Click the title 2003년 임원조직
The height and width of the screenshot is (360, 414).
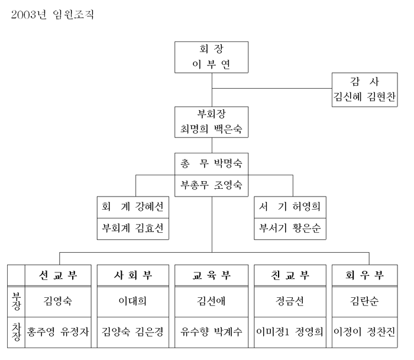click(x=53, y=14)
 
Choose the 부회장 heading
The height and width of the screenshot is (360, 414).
click(x=212, y=114)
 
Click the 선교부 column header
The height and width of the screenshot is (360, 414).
click(x=59, y=275)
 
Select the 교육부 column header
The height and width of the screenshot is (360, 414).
click(x=212, y=275)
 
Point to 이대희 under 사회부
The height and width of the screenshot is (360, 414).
click(x=133, y=301)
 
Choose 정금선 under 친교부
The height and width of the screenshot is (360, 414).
click(x=290, y=301)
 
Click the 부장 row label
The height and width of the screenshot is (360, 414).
click(x=16, y=301)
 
